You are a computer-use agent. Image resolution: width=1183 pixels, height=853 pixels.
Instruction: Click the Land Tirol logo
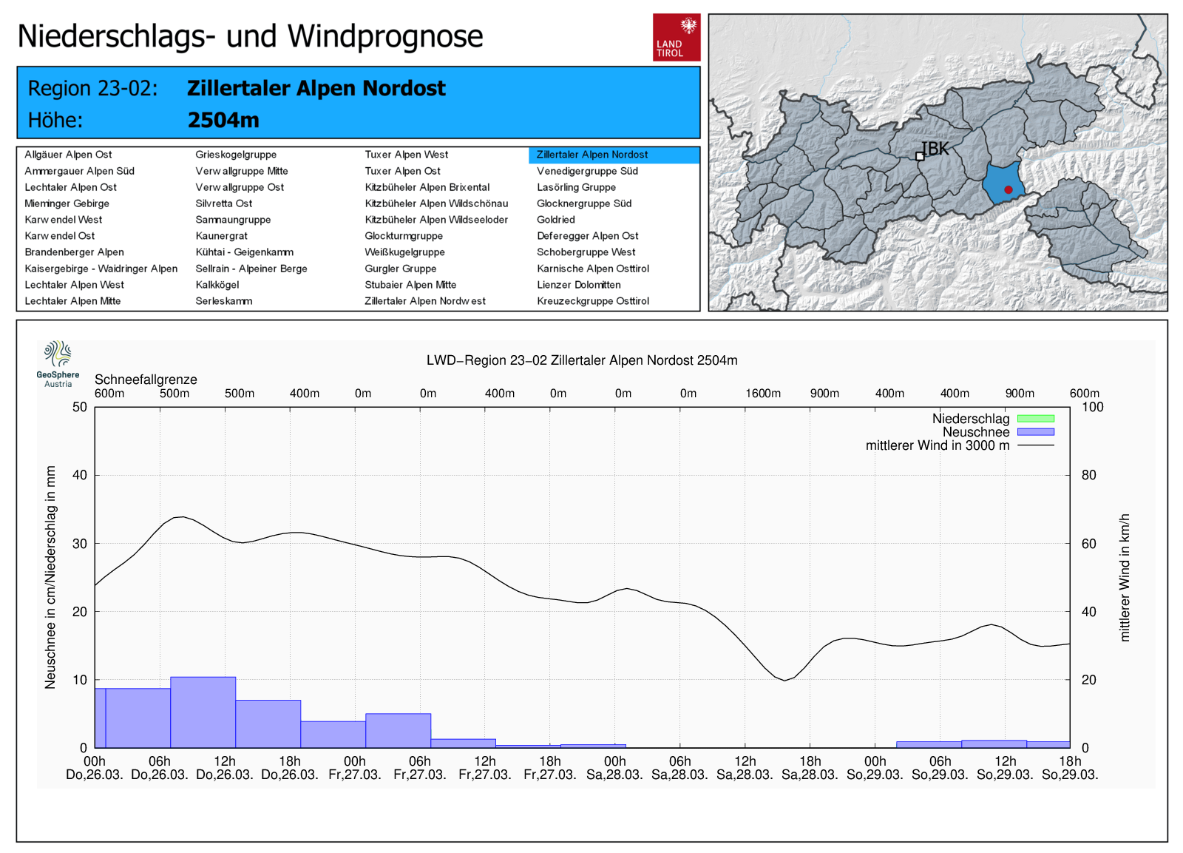[676, 37]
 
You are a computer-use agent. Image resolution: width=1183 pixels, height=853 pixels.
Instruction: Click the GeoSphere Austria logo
[58, 363]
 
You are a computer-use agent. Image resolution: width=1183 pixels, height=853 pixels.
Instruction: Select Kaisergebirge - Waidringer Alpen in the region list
[101, 269]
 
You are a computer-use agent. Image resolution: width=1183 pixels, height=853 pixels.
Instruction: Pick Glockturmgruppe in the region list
[404, 236]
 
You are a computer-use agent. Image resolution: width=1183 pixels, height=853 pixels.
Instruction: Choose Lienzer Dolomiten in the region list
[578, 285]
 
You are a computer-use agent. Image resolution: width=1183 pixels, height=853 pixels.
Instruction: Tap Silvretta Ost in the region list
[223, 203]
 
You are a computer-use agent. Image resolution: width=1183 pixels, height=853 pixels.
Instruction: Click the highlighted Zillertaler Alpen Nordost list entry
[592, 155]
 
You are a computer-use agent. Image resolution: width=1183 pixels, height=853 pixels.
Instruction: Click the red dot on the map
[1008, 190]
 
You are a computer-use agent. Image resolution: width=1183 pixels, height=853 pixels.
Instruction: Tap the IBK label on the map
[935, 149]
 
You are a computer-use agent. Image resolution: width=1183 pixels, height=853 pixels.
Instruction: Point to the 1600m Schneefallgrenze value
[762, 394]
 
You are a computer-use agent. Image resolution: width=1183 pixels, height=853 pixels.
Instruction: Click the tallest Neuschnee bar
[203, 712]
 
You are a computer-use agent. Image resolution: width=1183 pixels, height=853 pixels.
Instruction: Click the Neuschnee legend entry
[976, 432]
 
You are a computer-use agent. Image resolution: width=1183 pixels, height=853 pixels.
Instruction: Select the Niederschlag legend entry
[971, 419]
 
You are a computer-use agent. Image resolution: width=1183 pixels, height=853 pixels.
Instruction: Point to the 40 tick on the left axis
[79, 475]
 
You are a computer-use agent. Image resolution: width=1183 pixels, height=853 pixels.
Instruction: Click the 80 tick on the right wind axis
[1088, 475]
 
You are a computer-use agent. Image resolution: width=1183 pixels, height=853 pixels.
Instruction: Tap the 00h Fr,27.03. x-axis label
[355, 768]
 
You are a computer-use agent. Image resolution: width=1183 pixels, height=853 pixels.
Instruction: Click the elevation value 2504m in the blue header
[223, 120]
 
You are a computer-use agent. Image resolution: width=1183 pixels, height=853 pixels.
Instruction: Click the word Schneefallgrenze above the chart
[146, 380]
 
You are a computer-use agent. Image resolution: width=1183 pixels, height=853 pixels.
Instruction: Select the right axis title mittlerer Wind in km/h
[1125, 577]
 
